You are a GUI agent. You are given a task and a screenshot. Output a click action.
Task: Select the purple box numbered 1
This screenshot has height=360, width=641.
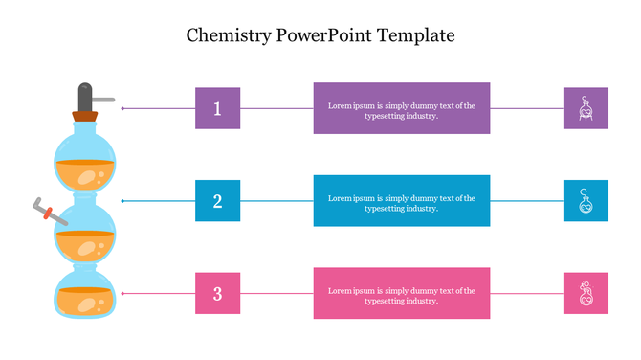pos(217,108)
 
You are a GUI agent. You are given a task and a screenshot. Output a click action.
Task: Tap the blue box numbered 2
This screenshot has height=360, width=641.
pos(217,201)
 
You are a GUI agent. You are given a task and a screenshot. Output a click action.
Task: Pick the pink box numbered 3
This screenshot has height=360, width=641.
pos(217,293)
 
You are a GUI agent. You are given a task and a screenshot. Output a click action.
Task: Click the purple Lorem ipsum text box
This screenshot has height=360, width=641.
pos(402,108)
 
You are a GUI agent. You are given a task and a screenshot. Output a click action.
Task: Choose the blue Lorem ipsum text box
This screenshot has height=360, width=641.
pos(402,201)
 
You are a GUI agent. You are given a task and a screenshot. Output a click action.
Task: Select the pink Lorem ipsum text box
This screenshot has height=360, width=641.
pos(402,293)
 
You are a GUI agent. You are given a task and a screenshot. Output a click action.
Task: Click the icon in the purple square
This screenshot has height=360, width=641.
pos(586,108)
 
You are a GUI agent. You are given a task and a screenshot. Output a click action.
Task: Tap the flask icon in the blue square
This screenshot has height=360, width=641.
pos(586,201)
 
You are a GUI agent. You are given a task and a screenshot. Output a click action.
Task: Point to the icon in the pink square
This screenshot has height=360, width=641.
pos(586,293)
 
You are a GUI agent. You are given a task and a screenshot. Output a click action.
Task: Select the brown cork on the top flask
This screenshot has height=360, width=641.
pos(85,118)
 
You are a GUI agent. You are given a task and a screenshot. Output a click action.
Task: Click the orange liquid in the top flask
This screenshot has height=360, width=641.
pos(85,175)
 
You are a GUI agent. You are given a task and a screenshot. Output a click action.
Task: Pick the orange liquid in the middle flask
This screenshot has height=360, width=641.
pos(85,246)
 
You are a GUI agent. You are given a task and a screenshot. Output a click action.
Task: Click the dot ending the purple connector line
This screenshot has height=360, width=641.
pos(122,108)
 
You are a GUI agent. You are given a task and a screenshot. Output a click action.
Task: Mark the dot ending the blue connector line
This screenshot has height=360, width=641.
pos(122,201)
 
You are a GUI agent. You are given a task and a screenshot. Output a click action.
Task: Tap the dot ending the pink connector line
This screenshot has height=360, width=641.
pos(122,293)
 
